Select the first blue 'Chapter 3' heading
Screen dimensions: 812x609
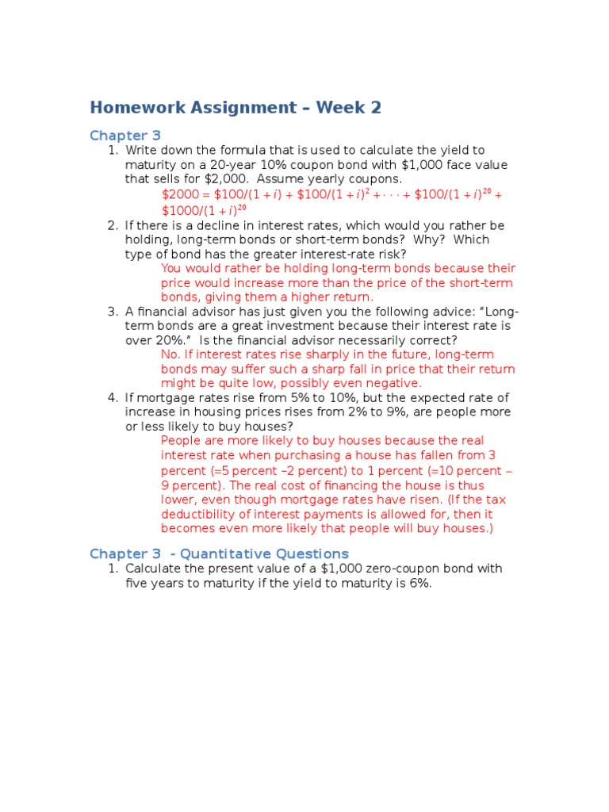(x=125, y=136)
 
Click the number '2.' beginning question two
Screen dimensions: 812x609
(x=112, y=225)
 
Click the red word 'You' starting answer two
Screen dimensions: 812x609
(x=172, y=269)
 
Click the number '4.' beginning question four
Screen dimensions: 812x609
(x=112, y=397)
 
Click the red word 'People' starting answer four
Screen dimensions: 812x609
(x=180, y=441)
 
